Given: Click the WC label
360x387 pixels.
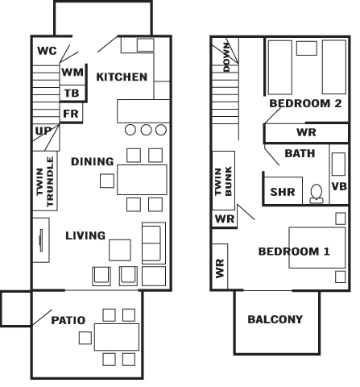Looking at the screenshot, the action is click(47, 51).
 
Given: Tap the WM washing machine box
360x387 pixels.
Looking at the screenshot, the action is click(72, 74).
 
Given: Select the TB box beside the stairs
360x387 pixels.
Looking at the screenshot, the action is click(72, 94).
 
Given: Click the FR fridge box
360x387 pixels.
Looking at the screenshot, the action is click(71, 113).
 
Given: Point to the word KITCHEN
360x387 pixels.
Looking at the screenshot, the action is click(122, 77).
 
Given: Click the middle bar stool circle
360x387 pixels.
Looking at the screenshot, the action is click(146, 130).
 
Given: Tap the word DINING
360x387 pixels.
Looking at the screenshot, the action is click(93, 161).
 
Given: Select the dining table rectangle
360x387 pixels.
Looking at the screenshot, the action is click(142, 180).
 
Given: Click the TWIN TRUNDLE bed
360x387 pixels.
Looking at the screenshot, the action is click(45, 181).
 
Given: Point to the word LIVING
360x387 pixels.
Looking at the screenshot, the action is click(85, 235).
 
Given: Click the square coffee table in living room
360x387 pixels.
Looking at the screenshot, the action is click(120, 250).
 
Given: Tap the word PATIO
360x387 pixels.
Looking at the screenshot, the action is click(68, 320).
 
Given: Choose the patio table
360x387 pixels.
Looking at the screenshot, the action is click(117, 337).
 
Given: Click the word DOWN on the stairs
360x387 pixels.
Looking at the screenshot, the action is click(226, 57).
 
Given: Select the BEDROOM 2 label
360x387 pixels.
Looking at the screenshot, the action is click(305, 103).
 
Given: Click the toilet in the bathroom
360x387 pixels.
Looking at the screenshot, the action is click(317, 193).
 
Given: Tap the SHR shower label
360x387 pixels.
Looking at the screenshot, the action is click(283, 192).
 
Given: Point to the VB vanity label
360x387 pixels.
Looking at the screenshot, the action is click(339, 186).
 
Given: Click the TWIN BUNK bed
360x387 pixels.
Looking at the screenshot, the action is click(224, 181).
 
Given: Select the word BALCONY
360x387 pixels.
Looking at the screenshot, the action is click(275, 319).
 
